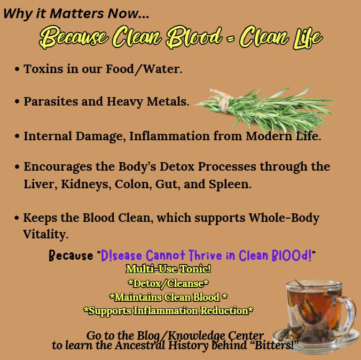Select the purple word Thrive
(x=199, y=255)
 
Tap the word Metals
(x=170, y=101)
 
